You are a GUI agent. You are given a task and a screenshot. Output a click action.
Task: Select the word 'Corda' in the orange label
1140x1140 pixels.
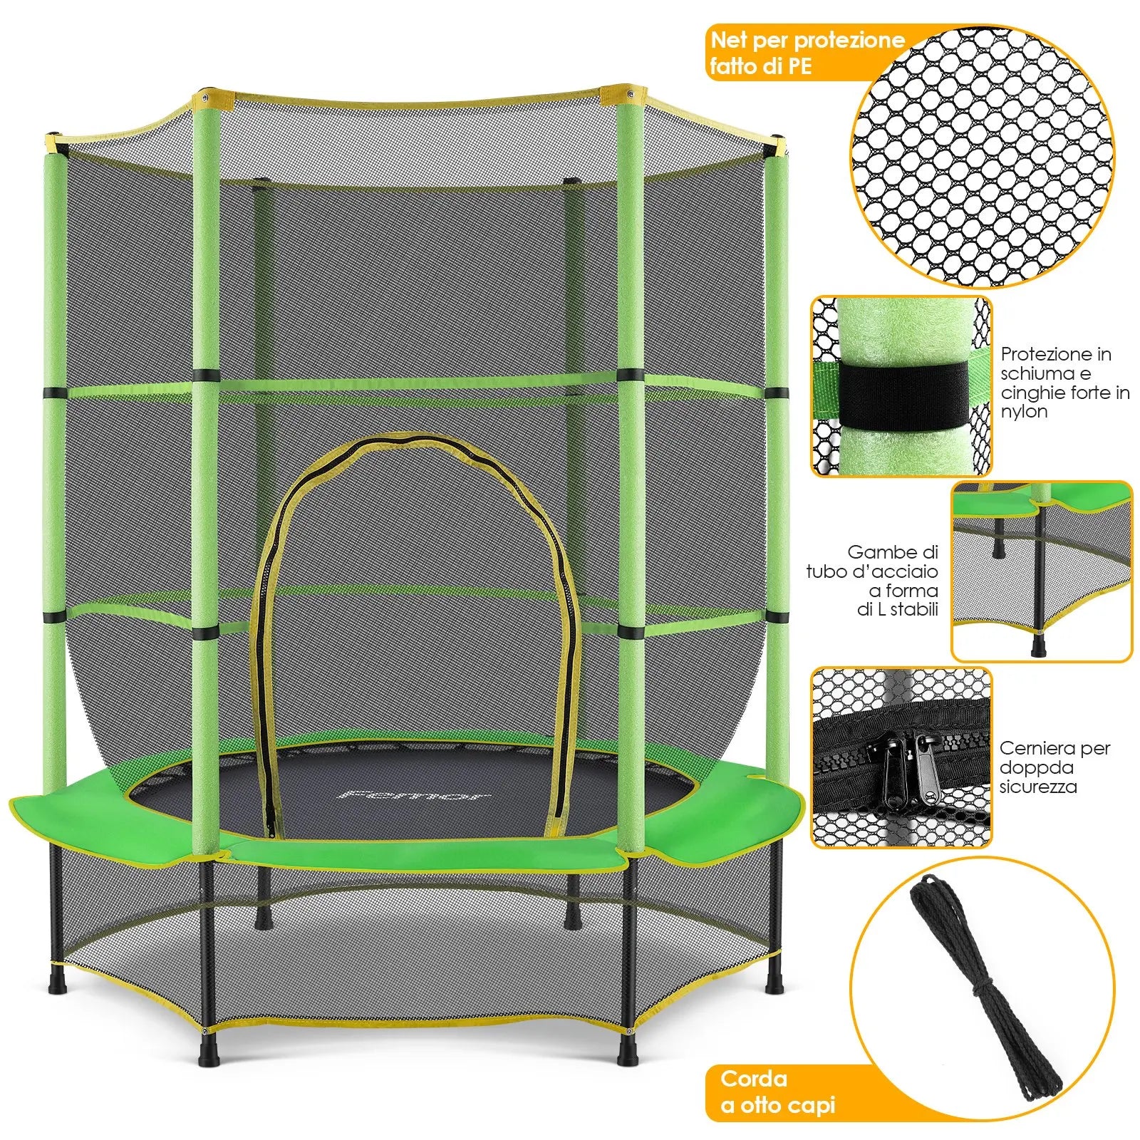[754, 1078]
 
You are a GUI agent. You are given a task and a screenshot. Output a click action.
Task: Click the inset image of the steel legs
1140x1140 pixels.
[1042, 571]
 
